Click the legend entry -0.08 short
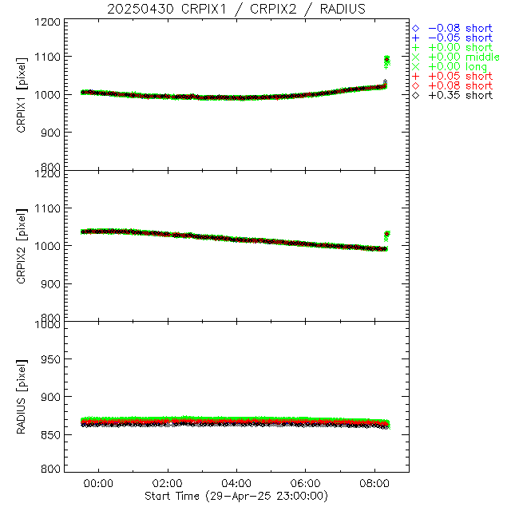(x=460, y=28)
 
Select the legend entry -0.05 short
(x=460, y=38)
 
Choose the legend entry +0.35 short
(x=460, y=95)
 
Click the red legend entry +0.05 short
(x=460, y=76)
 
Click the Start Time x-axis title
(x=236, y=496)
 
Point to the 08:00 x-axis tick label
(x=374, y=483)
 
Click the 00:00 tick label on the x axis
(x=98, y=483)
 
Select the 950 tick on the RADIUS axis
(x=52, y=360)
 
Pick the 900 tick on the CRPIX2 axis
(x=52, y=283)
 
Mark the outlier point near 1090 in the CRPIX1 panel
(x=387, y=61)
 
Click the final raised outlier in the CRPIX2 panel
(x=387, y=234)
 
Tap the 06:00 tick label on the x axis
(x=306, y=483)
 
